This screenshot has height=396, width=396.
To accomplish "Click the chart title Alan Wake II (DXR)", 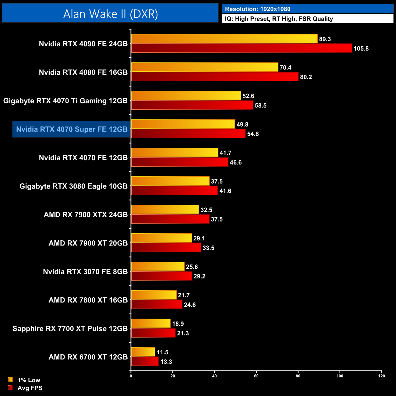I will coord(110,14).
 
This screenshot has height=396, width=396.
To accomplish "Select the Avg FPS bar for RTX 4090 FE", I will coord(241,48).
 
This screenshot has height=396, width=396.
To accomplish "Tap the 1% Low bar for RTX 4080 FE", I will coord(204,67).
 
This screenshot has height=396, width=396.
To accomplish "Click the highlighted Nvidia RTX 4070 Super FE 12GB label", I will coord(72,129).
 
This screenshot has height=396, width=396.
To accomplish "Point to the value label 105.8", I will coord(361,48).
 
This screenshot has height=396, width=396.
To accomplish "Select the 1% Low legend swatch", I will coord(10,380).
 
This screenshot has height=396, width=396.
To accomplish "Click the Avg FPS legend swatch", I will coord(10,388).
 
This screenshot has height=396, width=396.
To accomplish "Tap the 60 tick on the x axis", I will coord(256,376).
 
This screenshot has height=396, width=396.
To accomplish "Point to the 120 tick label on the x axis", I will coord(381,376).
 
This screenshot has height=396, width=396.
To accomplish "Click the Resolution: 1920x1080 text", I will coord(257,9).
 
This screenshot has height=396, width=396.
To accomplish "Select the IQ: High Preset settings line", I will coord(279,19).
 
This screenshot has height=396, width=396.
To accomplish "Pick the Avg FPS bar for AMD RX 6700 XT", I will coord(145,362).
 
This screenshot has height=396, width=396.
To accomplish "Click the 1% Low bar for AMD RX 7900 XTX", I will coord(165,210).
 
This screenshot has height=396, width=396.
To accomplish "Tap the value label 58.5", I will coord(260,105).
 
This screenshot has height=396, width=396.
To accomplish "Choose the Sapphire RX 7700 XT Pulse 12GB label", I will coord(70,328).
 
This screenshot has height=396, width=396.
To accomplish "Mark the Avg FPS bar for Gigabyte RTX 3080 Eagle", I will coord(174,191).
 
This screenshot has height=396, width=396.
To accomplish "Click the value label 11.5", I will coord(162,352).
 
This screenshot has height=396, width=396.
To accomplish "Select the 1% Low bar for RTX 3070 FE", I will coord(158,267).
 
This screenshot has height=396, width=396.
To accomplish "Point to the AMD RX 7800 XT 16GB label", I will coord(88,300).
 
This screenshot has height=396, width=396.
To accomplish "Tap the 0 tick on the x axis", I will coord(131,376).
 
